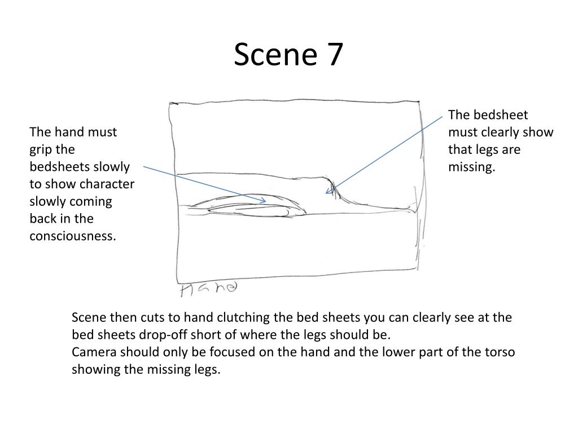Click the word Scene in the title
[275, 55]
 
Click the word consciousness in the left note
[73, 236]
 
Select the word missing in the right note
[471, 167]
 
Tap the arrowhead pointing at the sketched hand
[263, 201]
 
